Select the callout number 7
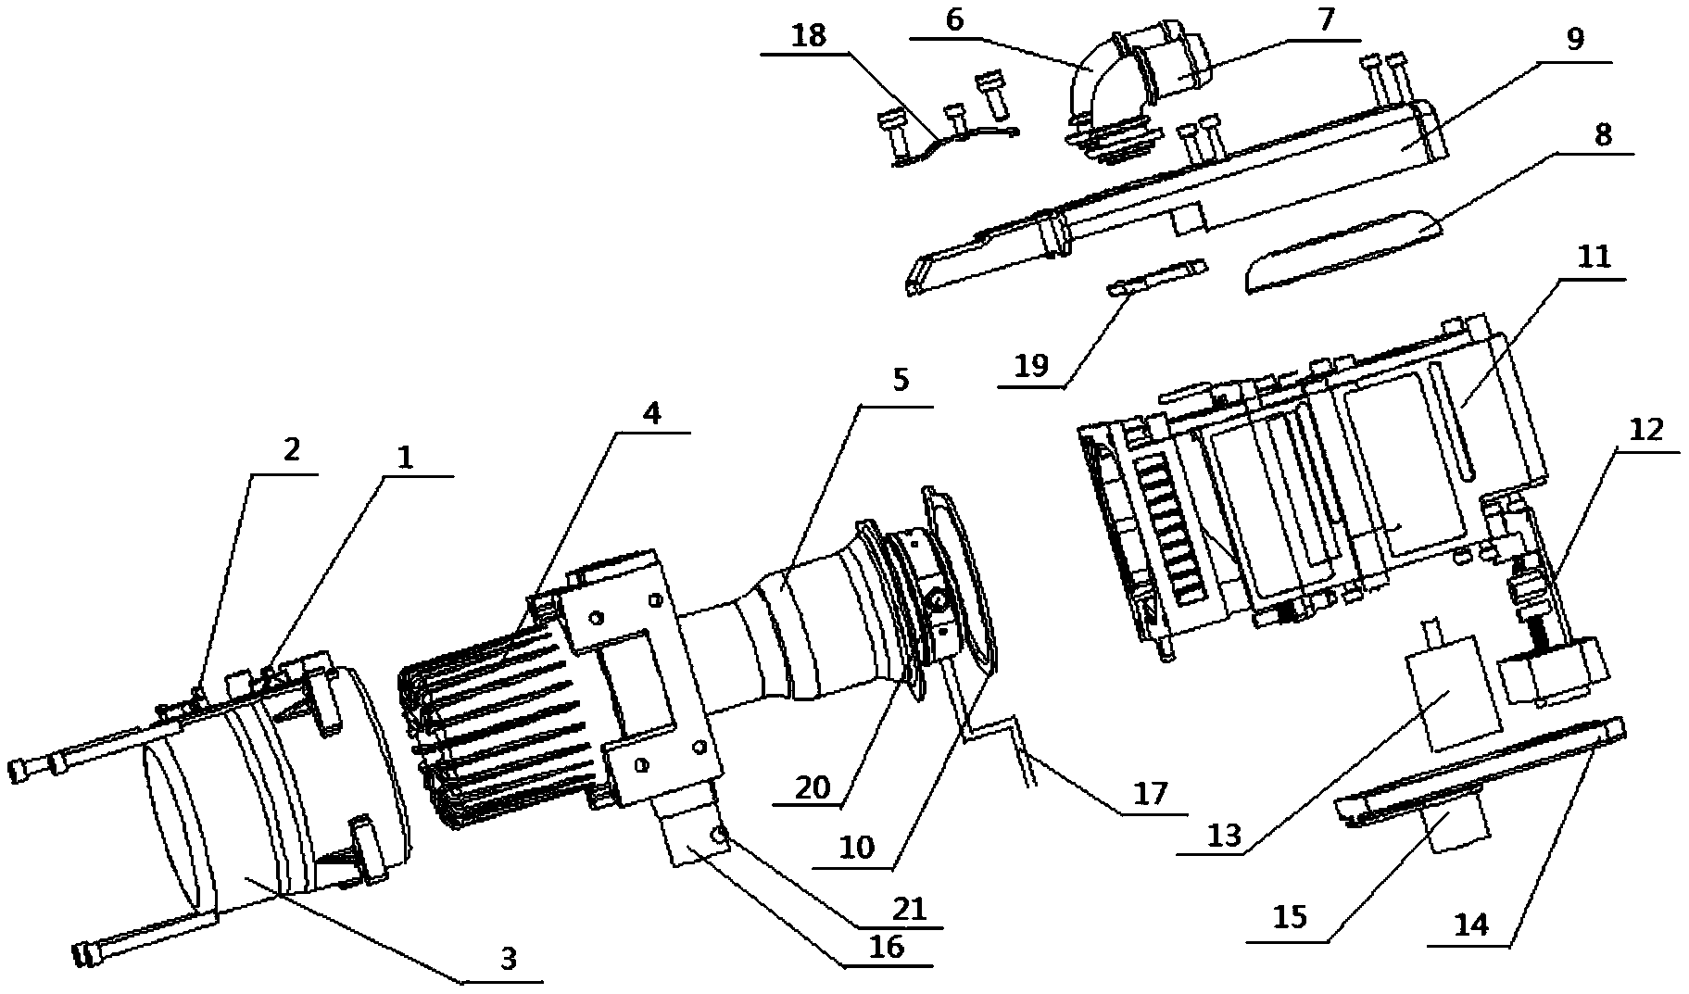[1326, 20]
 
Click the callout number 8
[1603, 134]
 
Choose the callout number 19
[1031, 365]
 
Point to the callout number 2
[291, 450]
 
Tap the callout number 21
[908, 909]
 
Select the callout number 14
[1473, 925]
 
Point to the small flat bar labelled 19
[1158, 277]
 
